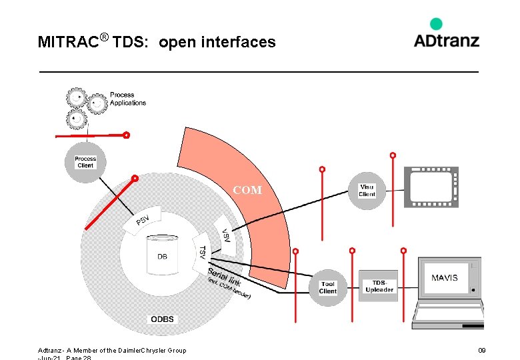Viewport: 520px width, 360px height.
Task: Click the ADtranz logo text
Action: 446,41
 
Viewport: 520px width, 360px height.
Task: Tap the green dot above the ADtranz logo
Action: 436,24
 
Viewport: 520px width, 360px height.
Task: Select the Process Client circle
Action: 85,162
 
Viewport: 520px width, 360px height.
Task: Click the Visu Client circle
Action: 367,191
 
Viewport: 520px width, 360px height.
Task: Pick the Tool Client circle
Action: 327,287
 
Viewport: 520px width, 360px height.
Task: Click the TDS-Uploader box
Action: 379,286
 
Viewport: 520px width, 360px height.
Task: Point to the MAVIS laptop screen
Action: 445,277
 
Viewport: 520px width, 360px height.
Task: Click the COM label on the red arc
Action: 247,191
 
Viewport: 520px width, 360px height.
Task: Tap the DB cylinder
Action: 162,257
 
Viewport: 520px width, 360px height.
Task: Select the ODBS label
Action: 162,319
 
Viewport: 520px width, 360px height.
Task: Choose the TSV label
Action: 203,251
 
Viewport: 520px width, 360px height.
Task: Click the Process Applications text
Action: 127,99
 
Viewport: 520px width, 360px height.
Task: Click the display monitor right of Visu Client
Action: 431,187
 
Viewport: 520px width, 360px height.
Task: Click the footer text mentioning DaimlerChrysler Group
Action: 112,350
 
